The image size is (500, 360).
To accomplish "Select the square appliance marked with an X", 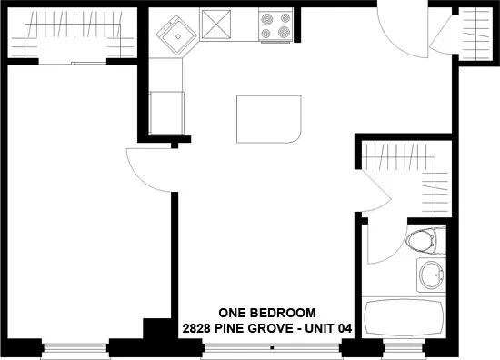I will click(x=217, y=23).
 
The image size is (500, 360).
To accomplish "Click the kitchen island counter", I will click(x=269, y=117).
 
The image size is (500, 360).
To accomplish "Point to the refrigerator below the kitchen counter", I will click(x=165, y=113).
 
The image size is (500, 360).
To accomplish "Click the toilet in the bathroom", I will click(x=423, y=242).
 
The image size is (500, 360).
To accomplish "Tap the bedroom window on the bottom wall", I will click(x=75, y=347).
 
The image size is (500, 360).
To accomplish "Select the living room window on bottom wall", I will click(x=270, y=347).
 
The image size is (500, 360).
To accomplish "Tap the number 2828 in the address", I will click(x=197, y=326).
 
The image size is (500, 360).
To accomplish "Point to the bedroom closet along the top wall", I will click(x=73, y=35).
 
